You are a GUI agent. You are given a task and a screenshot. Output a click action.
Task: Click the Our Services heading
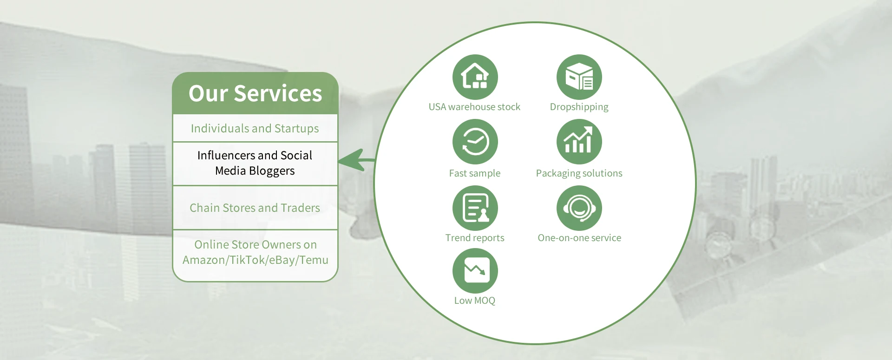pos(255,93)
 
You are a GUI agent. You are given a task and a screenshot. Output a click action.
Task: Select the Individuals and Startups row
pos(255,128)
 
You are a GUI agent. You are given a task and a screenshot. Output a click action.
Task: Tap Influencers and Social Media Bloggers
pos(255,163)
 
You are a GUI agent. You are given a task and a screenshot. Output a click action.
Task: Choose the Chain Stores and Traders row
pos(255,208)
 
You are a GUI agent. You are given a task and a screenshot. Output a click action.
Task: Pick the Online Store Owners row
pos(255,252)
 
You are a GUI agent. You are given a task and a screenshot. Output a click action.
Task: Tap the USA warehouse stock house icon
pos(475,77)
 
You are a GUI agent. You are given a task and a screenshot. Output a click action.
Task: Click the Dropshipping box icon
pos(579,77)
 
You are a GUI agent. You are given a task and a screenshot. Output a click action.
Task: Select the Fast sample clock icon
pos(475,142)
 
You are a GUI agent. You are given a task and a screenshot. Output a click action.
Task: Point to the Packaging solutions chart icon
pos(579,142)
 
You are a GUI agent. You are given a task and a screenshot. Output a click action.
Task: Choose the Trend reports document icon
pos(475,208)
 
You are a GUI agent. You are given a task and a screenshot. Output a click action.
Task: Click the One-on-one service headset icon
pos(579,208)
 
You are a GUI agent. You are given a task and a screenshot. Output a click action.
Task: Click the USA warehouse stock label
pos(474,107)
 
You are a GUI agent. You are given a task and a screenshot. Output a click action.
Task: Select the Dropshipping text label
pos(579,107)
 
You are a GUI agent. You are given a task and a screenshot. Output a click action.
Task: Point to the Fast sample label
pos(475,173)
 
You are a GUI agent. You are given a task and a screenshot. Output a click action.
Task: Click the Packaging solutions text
pos(579,173)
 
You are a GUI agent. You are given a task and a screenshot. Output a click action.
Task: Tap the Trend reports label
pos(475,238)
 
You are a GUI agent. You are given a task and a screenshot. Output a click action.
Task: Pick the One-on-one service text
pos(579,238)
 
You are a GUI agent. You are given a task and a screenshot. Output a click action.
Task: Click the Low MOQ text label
pos(475,301)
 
